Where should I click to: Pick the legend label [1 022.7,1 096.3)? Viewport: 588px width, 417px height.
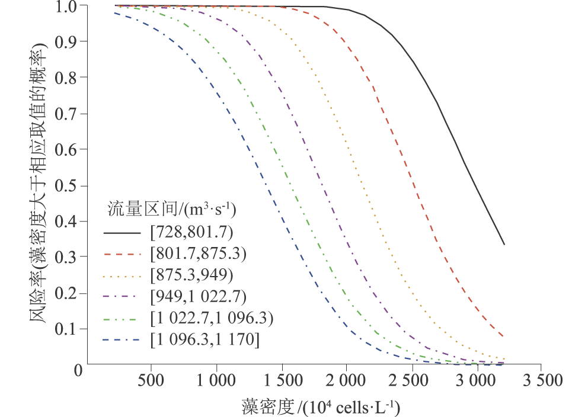pos(211,319)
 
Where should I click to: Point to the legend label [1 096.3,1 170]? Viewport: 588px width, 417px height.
pos(204,341)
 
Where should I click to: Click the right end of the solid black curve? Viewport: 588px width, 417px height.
pos(504,244)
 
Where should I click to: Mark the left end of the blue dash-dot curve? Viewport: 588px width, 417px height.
pos(115,13)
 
